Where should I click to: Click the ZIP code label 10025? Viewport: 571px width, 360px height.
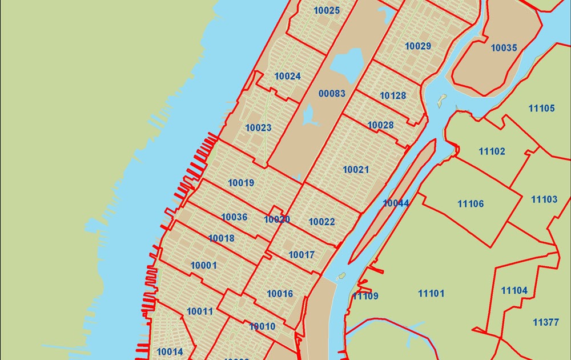pos(327,10)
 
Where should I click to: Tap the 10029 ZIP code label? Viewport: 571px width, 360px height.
pos(418,46)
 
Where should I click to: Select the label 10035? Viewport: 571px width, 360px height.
pos(504,48)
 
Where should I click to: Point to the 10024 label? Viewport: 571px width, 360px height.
pos(287,76)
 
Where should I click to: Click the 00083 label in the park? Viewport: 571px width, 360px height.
pos(332,93)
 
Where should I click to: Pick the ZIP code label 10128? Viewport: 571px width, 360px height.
pos(393,95)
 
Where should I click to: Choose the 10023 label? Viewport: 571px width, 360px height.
pos(258,127)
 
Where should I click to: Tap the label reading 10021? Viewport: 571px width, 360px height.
pos(356,170)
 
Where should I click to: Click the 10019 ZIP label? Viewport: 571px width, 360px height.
pos(240,183)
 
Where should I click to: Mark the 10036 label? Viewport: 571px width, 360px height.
pos(234,217)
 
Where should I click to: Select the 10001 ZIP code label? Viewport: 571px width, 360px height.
pos(203,265)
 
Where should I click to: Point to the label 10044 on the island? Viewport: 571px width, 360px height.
pos(396,203)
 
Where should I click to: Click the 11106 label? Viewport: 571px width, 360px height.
pos(471,203)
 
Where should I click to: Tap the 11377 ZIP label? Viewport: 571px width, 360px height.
pos(546,322)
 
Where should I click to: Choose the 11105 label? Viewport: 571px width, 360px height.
pos(541,108)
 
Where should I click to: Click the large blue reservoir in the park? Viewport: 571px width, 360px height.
pos(346,63)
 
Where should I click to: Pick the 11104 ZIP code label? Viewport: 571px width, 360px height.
pos(514,290)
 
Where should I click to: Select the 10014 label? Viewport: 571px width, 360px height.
pos(170,351)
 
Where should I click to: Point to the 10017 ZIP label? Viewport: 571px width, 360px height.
pos(301,255)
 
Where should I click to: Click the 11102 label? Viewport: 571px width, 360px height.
pos(492,151)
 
